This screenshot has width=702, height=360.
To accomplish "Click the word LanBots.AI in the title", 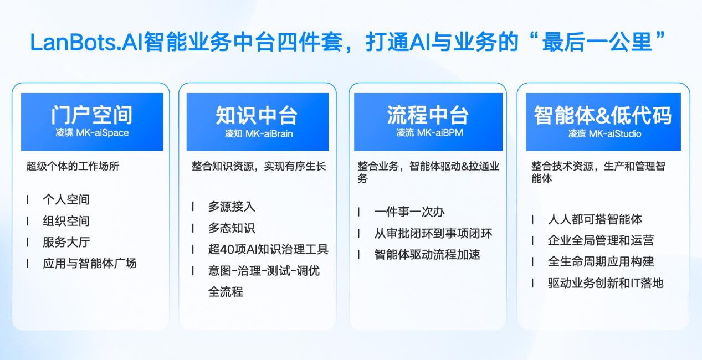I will pos(85,42).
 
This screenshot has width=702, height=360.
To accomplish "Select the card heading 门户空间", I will pos(92,115).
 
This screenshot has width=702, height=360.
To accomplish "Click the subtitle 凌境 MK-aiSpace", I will pos(92,133).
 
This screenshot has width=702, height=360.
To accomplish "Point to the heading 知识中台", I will pos(257,115).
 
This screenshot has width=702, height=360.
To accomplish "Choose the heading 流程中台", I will pos(428,115).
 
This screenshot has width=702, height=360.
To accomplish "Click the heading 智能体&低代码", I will pos(603,115).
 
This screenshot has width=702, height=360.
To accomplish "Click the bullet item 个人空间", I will pos(66,199).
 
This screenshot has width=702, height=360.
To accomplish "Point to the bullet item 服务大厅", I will pos(66,242).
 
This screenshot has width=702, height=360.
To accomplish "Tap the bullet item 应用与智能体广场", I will pos(89,263).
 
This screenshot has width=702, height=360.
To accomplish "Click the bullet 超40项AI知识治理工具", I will pos(268,249).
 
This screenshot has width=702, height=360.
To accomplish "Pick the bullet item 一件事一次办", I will pos(409,212).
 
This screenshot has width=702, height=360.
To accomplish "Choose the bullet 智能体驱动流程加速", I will pos(427,254).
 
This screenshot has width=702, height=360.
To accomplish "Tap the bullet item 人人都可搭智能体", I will pos(595,219).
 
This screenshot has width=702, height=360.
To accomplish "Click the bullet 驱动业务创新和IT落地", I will pos(606,283).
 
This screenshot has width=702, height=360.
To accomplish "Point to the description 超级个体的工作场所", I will pos(73,166).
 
